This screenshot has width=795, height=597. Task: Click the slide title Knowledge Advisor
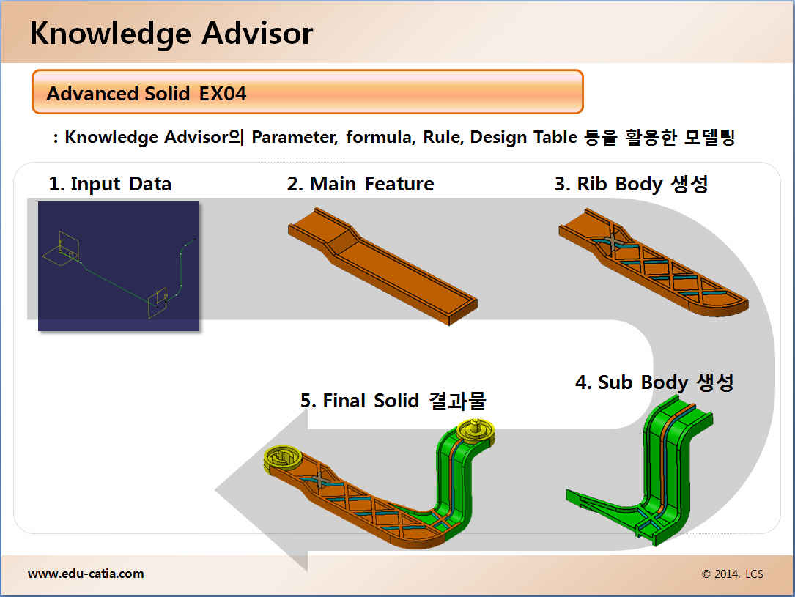click(x=171, y=34)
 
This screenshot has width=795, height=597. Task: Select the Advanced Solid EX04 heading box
click(x=307, y=92)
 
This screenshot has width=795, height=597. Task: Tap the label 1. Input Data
click(x=110, y=183)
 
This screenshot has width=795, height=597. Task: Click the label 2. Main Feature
click(x=360, y=183)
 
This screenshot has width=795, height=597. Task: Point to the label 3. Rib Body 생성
click(x=631, y=183)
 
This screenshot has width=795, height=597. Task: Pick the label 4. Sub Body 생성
click(x=654, y=382)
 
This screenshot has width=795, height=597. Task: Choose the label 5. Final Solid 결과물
click(x=393, y=401)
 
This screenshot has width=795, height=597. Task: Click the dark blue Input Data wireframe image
click(x=119, y=266)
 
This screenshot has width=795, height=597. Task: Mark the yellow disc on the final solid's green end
click(x=476, y=430)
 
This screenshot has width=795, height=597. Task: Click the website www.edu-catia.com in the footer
click(x=86, y=574)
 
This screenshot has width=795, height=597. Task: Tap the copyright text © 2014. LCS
click(x=732, y=574)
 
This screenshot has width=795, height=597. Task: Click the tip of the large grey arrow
click(x=217, y=489)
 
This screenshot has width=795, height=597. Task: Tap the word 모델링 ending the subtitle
click(x=706, y=138)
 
